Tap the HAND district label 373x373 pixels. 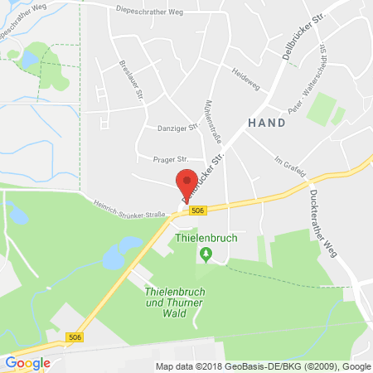(267, 122)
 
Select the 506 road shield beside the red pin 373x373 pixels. (197, 211)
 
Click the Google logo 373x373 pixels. (27, 362)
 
